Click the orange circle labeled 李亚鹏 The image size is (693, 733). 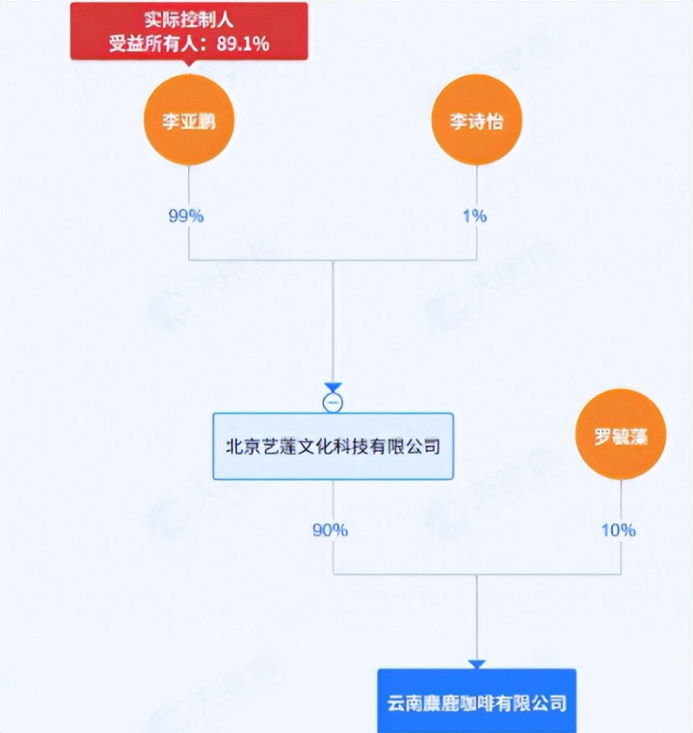pos(189,121)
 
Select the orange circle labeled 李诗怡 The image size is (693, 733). pos(476,121)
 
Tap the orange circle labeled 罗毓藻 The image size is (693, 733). pos(621,435)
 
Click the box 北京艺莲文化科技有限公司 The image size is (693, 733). pos(333,446)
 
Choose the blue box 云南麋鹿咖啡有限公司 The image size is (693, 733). pos(476,701)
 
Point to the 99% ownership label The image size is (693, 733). pos(186,216)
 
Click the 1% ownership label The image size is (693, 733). pos(474,216)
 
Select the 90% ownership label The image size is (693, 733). pos(330,530)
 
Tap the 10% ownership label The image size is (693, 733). pos(619,530)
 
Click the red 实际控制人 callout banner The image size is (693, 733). pos(189,31)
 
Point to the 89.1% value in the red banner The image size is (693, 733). pos(243,43)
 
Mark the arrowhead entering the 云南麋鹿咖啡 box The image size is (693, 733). pos(476,664)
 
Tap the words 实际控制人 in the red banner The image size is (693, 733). pos(189,18)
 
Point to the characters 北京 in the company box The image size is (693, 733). pos(239,447)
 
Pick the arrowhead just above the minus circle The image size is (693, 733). pos(333,387)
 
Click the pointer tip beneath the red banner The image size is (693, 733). pos(189,65)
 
